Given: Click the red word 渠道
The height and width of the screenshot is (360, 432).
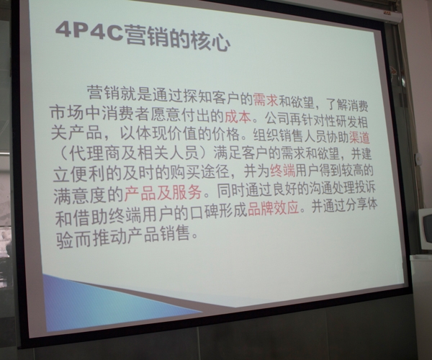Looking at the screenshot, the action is pyautogui.click(x=359, y=138).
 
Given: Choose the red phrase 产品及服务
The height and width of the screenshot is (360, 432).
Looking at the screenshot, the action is pyautogui.click(x=163, y=193).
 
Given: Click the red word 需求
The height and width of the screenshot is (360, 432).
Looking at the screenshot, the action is pyautogui.click(x=265, y=99).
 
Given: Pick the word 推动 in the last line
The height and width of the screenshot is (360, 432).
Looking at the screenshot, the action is pyautogui.click(x=110, y=237).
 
